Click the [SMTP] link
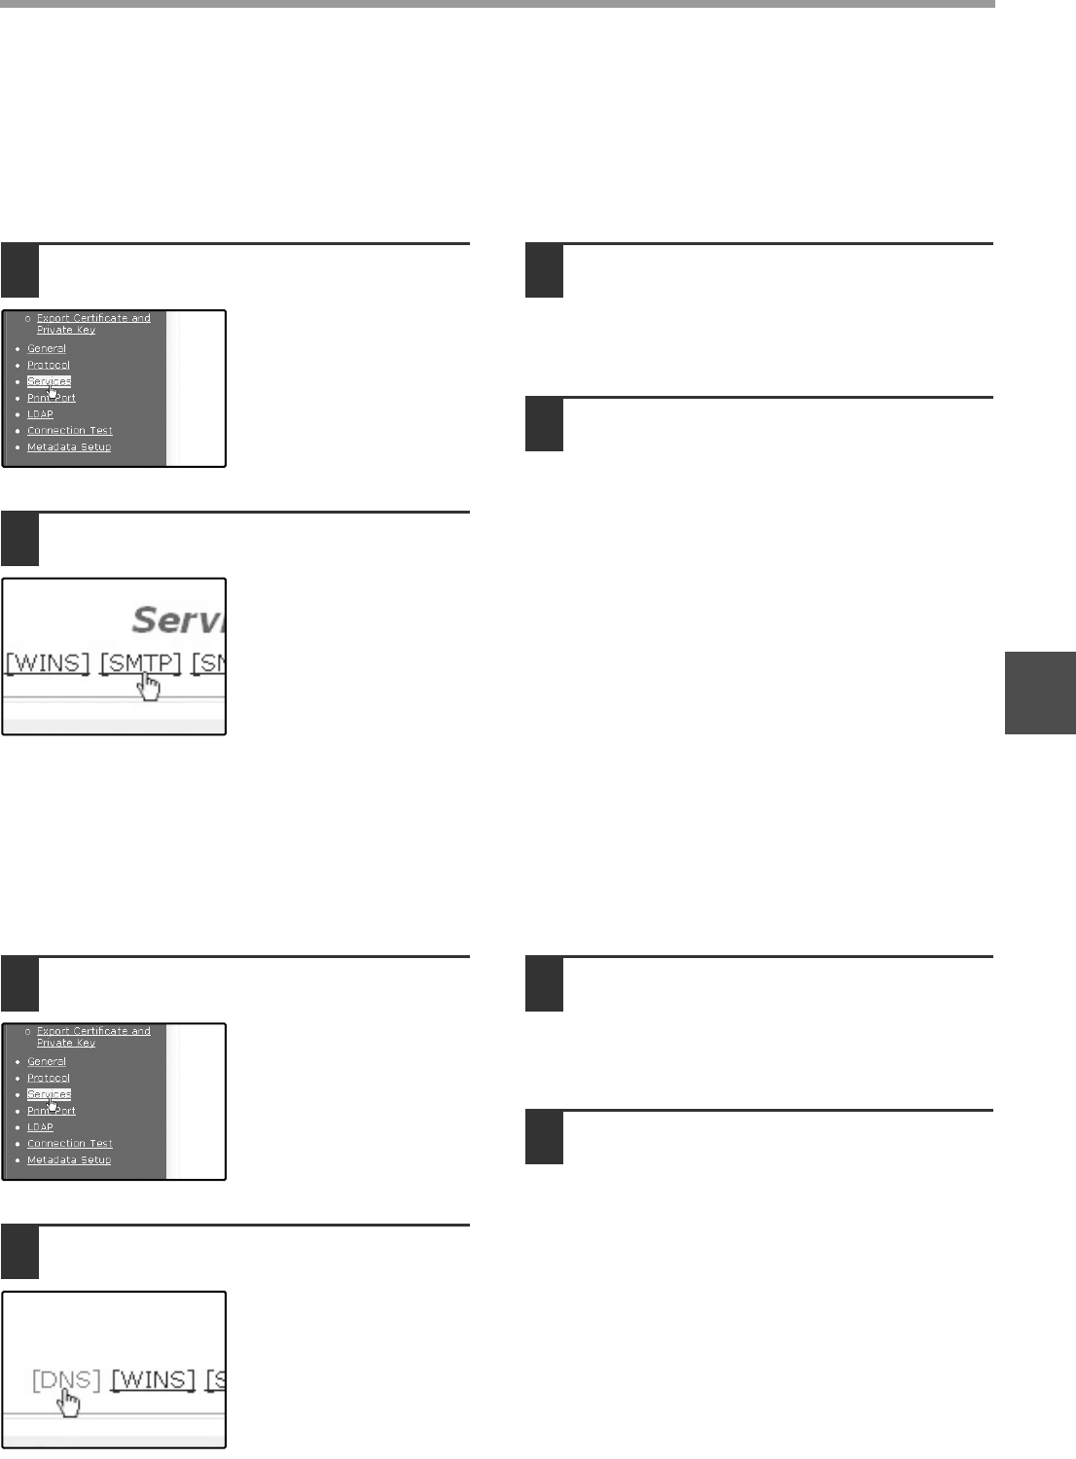click(x=141, y=663)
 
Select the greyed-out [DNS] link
click(x=66, y=1379)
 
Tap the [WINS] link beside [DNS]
click(x=153, y=1379)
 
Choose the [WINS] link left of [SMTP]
click(x=48, y=663)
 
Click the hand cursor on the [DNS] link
click(x=68, y=1404)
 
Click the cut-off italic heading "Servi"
click(x=178, y=620)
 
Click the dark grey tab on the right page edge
click(x=1040, y=692)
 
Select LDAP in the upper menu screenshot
click(x=40, y=414)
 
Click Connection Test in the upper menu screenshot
click(x=70, y=431)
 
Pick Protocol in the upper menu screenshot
click(x=49, y=365)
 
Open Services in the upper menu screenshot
click(x=49, y=381)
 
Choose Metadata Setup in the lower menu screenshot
click(x=69, y=1160)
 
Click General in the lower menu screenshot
click(x=47, y=1061)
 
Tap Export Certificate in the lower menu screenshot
click(x=93, y=1031)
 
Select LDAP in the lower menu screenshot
click(x=40, y=1127)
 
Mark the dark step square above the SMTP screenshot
click(x=19, y=540)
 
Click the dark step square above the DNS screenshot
click(x=19, y=1253)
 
